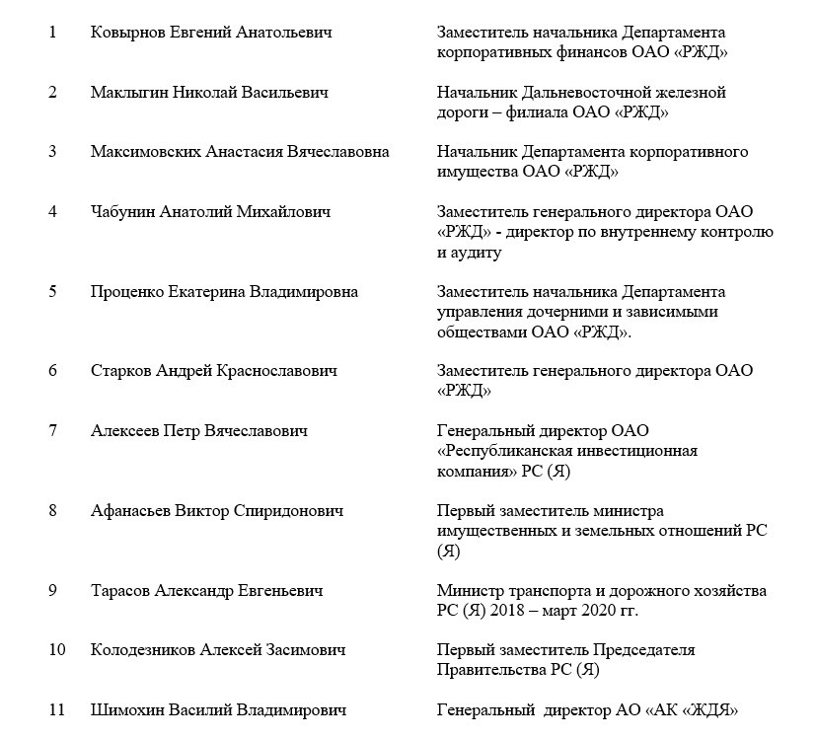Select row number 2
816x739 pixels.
(x=52, y=93)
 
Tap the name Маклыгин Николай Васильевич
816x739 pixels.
(x=209, y=93)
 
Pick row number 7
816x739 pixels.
(x=52, y=431)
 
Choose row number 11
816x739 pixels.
(x=56, y=710)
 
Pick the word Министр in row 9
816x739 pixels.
(x=469, y=591)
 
